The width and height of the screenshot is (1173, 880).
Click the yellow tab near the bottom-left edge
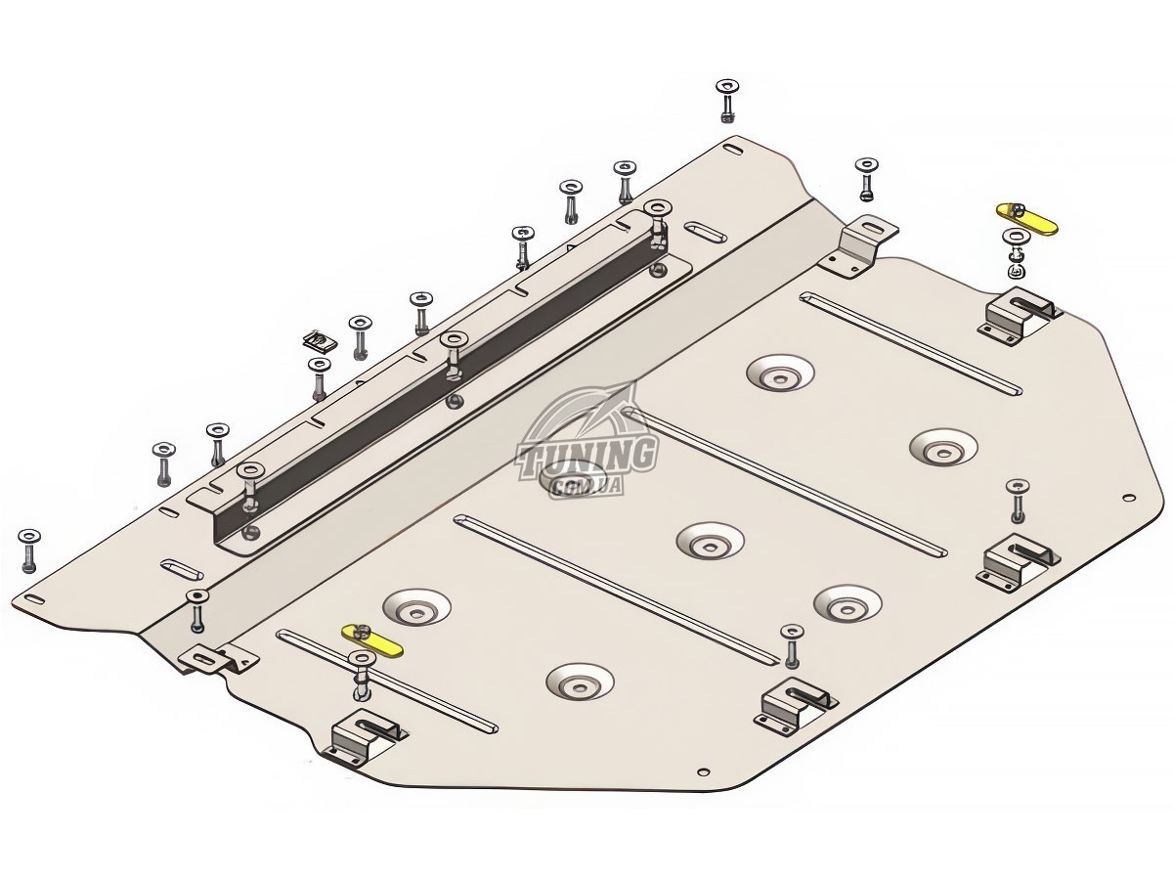(371, 640)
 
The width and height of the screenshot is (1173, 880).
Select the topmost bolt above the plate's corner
(727, 101)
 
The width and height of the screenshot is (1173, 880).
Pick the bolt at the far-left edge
(28, 550)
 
